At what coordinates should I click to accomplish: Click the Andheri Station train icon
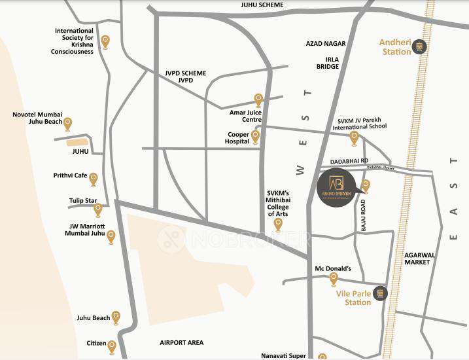tap(421, 46)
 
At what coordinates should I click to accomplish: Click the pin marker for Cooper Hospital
tap(255, 136)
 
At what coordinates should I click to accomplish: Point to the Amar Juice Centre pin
tap(258, 100)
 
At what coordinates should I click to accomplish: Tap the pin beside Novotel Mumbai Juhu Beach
tap(67, 123)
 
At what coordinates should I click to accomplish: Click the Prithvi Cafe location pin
tap(93, 179)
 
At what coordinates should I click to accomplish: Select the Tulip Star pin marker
tap(98, 209)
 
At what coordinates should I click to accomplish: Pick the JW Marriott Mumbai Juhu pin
tap(111, 236)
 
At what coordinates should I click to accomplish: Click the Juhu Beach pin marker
tap(116, 317)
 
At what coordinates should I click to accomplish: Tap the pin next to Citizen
tap(112, 346)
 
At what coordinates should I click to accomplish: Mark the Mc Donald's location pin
tap(334, 279)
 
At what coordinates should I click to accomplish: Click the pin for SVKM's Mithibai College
tap(278, 225)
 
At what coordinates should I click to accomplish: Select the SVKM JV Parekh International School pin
tap(354, 137)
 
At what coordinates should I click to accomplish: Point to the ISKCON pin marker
tap(105, 42)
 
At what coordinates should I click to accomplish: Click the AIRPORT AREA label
tap(181, 342)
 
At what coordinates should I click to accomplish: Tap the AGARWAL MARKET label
tap(417, 258)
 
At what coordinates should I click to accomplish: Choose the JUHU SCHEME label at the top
tap(262, 5)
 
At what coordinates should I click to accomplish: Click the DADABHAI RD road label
tap(350, 160)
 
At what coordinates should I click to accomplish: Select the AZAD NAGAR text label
tap(324, 43)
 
